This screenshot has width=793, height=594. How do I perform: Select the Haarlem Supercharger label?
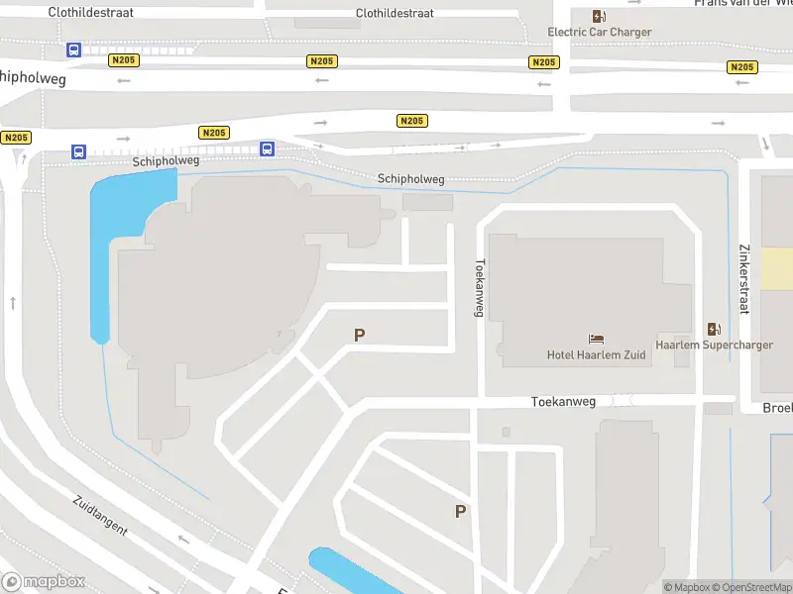pyautogui.click(x=714, y=346)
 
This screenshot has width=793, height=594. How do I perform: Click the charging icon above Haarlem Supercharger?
pyautogui.click(x=714, y=329)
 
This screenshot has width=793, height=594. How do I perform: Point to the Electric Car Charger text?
pyautogui.click(x=600, y=32)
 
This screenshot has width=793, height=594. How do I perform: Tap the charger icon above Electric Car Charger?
pyautogui.click(x=599, y=16)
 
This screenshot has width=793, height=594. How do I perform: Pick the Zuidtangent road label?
pyautogui.click(x=100, y=515)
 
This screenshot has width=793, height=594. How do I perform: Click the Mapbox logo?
pyautogui.click(x=44, y=582)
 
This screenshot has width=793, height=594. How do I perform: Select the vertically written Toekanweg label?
pyautogui.click(x=480, y=287)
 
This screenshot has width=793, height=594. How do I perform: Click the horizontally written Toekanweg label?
pyautogui.click(x=563, y=402)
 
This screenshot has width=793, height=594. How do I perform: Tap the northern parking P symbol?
pyautogui.click(x=359, y=336)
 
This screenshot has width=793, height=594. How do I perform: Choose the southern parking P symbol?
pyautogui.click(x=460, y=511)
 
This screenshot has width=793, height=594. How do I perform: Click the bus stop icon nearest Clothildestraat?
pyautogui.click(x=73, y=49)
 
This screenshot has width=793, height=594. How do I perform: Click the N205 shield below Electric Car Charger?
pyautogui.click(x=543, y=62)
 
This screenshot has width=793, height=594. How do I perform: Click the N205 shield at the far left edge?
pyautogui.click(x=16, y=138)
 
